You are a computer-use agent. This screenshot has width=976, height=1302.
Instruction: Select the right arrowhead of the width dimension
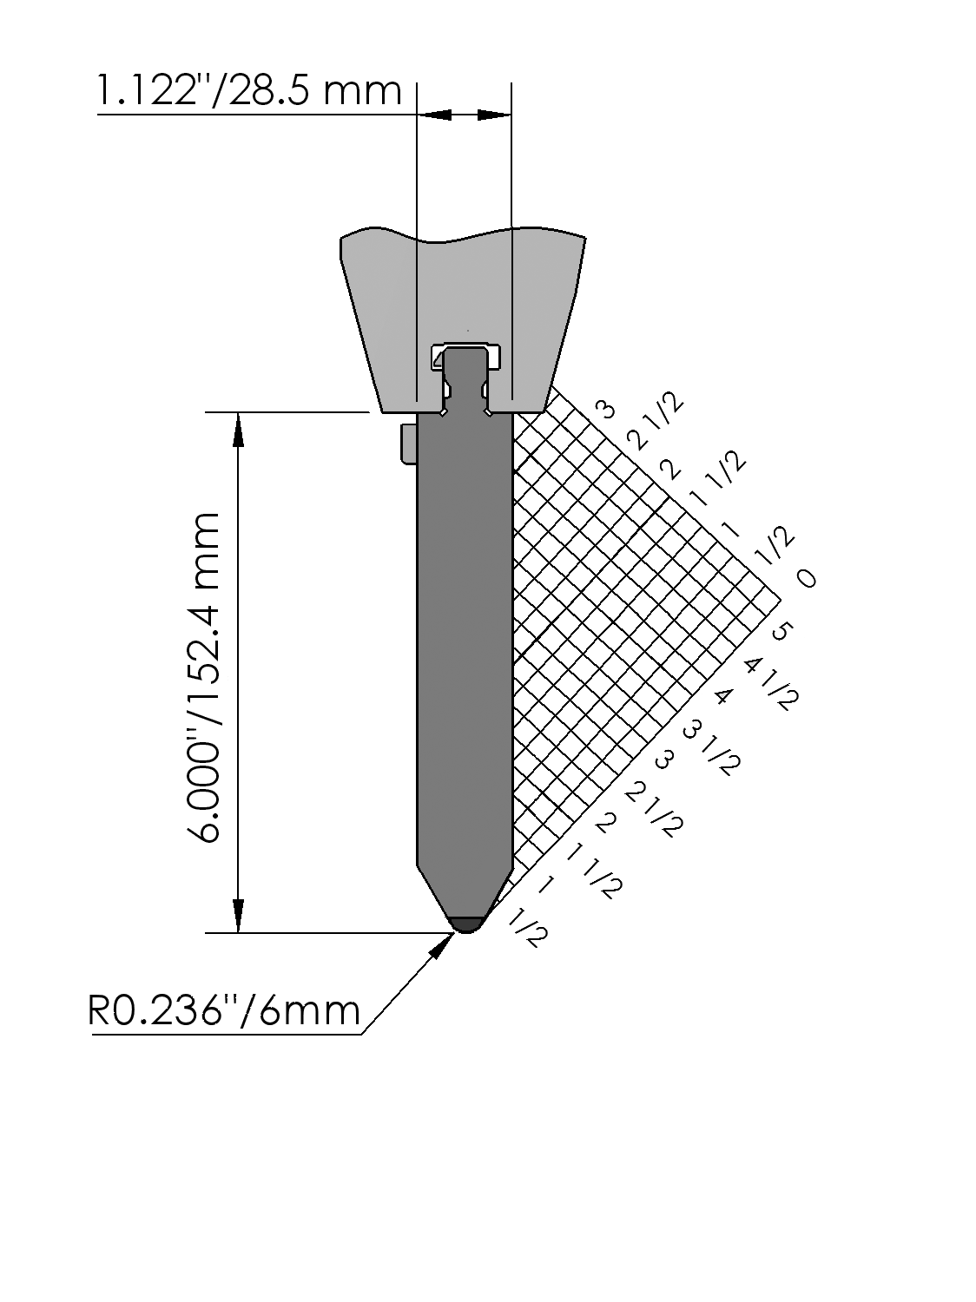[x=494, y=115]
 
